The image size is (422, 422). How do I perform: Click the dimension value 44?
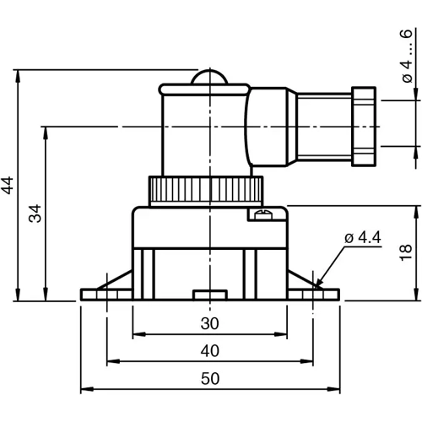pyautogui.click(x=8, y=185)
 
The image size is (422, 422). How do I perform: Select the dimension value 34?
pyautogui.click(x=35, y=213)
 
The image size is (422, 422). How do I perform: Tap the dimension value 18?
pyautogui.click(x=406, y=252)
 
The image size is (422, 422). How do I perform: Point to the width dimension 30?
pyautogui.click(x=210, y=323)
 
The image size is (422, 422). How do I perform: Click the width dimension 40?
pyautogui.click(x=210, y=350)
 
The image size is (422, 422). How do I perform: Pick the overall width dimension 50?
pyautogui.click(x=210, y=379)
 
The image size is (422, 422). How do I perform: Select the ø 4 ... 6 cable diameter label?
pyautogui.click(x=407, y=61)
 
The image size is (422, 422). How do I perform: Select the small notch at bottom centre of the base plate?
pyautogui.click(x=208, y=295)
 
